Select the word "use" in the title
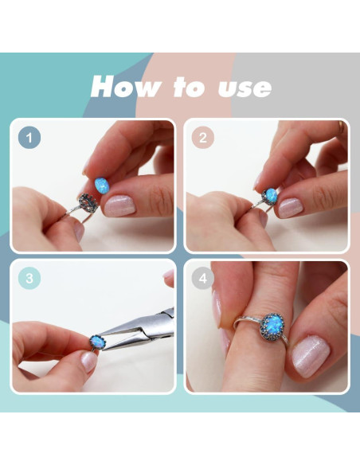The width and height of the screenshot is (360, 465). (x=245, y=88)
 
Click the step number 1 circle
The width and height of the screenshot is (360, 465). (x=29, y=138)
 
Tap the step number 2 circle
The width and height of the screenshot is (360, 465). (x=203, y=138)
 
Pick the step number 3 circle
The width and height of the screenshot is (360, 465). (x=29, y=278)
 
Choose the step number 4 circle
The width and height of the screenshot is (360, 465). (x=203, y=278)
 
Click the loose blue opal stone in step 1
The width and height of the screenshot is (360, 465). (x=102, y=185)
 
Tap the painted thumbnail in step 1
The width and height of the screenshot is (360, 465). (x=119, y=205)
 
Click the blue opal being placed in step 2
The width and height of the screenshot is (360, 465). (x=271, y=194)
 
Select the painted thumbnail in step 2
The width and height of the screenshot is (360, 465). (x=291, y=208)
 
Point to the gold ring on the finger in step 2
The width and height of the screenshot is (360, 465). (x=342, y=127)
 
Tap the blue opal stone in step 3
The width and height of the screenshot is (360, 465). (x=98, y=342)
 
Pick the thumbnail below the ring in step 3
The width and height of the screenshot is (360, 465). (x=89, y=361)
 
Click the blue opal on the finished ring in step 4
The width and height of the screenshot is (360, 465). (x=272, y=325)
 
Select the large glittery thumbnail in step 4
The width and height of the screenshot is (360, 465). (x=310, y=356)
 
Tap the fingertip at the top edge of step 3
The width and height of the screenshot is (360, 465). (x=170, y=277)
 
